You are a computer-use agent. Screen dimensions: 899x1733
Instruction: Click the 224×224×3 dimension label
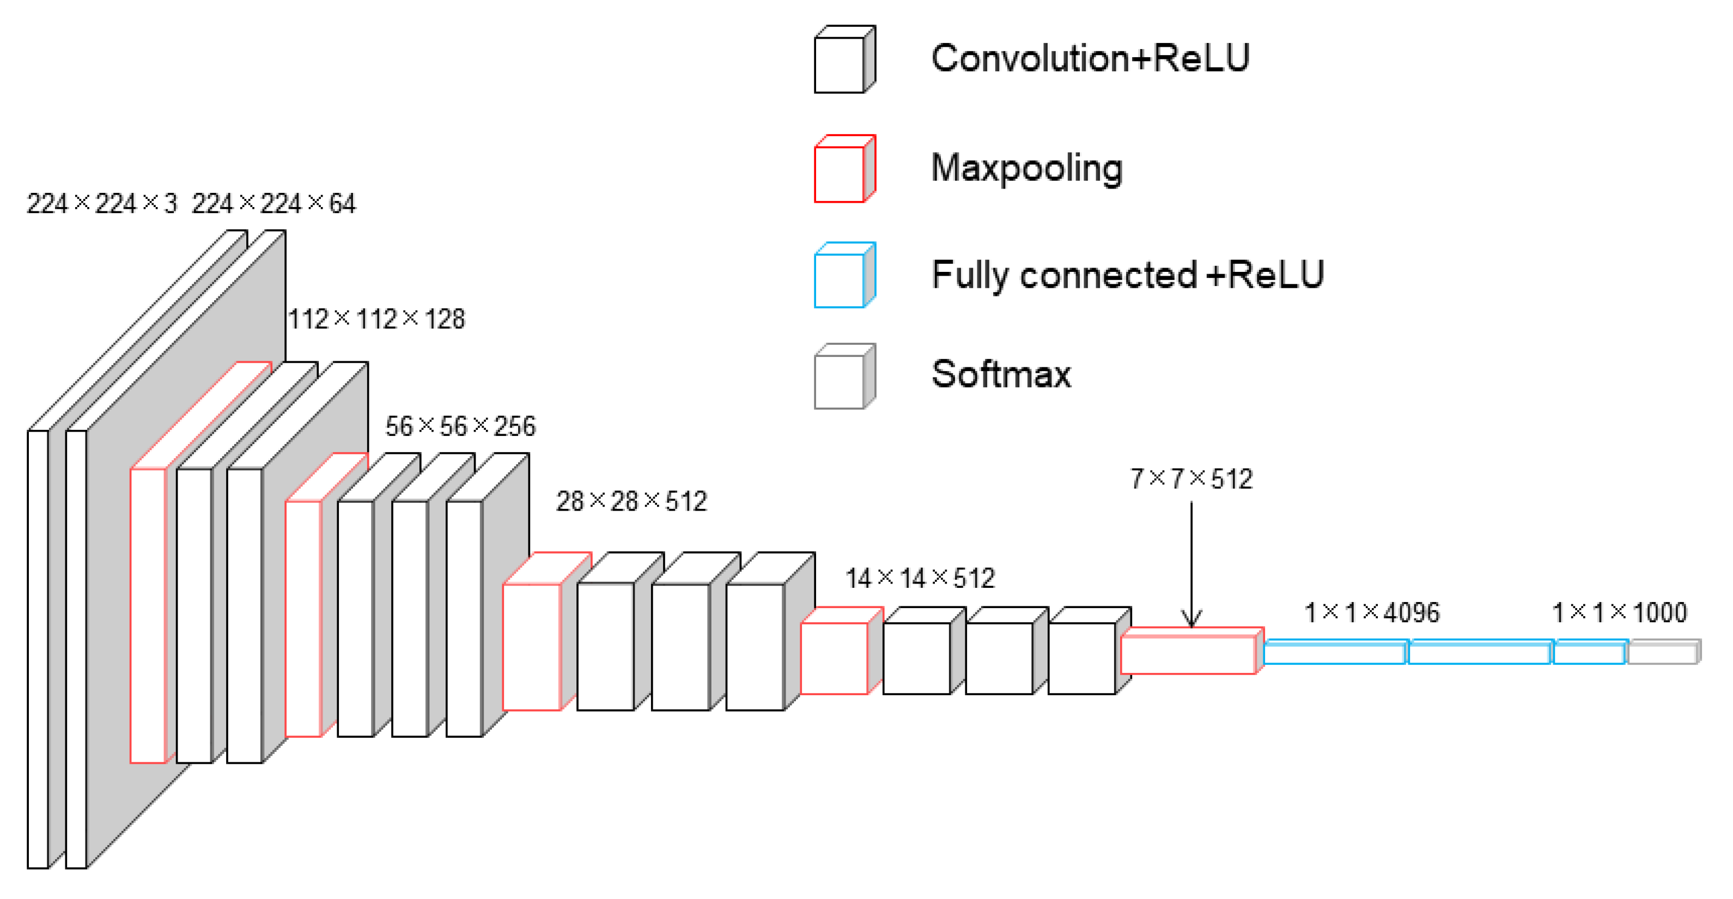point(101,203)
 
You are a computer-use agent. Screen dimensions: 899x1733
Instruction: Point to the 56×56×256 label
point(460,426)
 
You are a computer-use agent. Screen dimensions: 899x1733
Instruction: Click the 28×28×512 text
point(631,501)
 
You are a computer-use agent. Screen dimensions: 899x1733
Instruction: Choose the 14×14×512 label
point(920,578)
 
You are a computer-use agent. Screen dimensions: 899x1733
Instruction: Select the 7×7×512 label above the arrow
point(1191,478)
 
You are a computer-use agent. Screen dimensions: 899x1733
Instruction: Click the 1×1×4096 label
point(1372,612)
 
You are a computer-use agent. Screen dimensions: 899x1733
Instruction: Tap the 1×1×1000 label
point(1619,612)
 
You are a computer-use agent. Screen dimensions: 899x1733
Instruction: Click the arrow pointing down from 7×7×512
point(1191,565)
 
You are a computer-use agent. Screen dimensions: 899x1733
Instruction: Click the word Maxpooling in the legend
point(1026,168)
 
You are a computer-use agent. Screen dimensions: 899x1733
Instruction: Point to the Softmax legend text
point(1001,374)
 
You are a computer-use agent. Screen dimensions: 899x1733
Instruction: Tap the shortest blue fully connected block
point(1589,653)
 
